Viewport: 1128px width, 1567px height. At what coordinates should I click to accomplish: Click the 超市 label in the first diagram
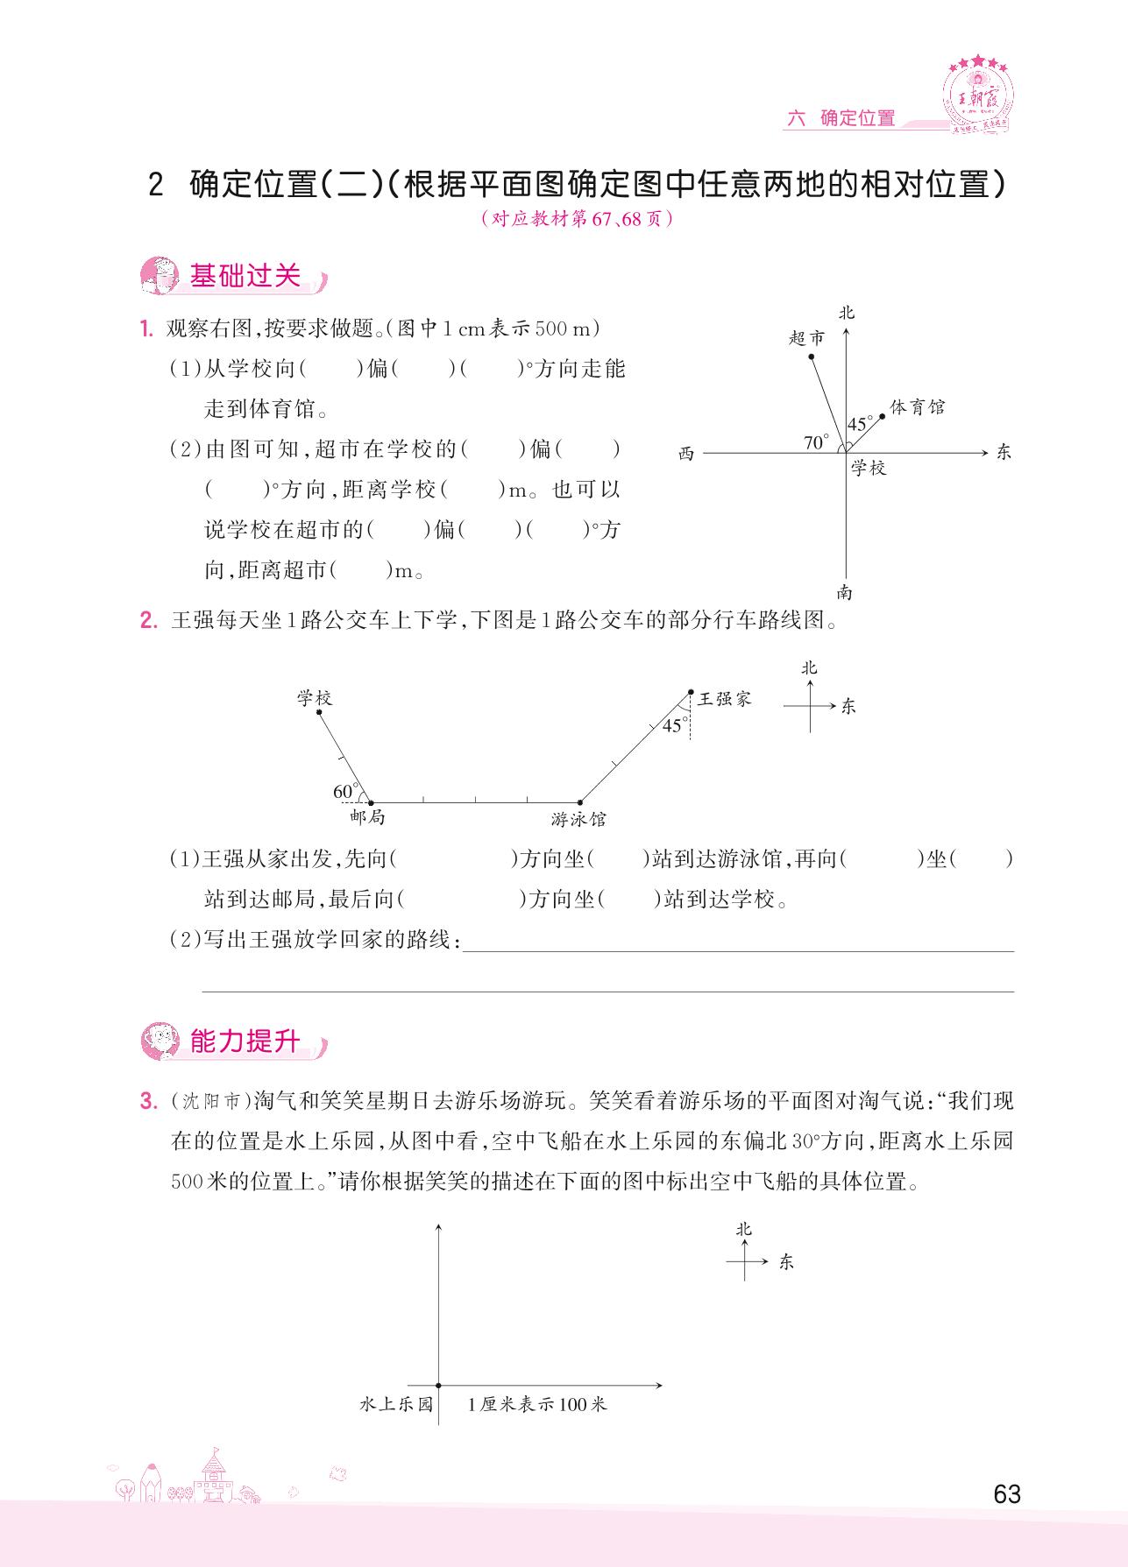point(806,337)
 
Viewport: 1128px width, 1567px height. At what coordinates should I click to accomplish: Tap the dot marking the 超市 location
point(812,356)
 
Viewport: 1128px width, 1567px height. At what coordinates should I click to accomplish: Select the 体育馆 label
point(917,407)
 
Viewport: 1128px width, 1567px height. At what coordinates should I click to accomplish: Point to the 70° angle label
point(816,442)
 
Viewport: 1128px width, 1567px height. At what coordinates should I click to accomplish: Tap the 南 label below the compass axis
point(844,593)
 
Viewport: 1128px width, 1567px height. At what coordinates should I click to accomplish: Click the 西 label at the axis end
point(686,454)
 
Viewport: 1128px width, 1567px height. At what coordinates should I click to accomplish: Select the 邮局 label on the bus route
point(367,817)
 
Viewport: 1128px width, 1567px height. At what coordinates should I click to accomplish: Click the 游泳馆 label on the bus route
point(578,820)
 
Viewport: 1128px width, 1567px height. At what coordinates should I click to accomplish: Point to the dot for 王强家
point(691,692)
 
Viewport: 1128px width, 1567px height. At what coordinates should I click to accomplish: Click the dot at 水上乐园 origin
point(438,1385)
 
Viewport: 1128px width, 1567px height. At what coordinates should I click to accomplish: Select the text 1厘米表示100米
point(537,1404)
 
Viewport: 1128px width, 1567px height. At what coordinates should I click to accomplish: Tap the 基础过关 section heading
point(245,276)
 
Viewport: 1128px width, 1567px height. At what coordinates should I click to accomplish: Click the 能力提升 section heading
point(245,1041)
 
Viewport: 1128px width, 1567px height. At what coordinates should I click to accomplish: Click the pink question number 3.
point(146,1101)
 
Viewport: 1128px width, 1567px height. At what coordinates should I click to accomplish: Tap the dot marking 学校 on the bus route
point(319,712)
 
